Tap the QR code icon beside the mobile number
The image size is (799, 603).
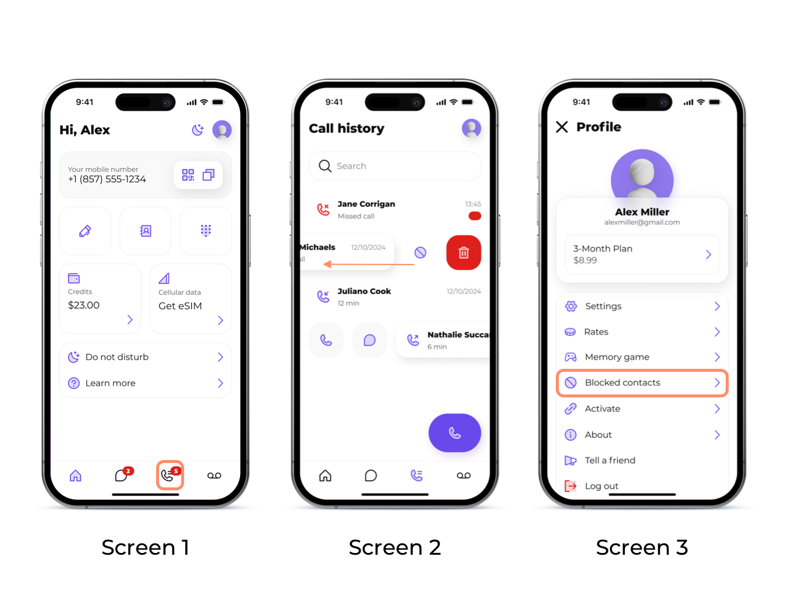[188, 175]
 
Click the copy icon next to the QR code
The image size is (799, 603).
[209, 175]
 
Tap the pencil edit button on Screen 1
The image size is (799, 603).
[85, 231]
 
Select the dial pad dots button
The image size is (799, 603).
[206, 231]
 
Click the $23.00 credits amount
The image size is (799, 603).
[84, 305]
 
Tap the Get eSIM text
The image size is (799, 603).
[180, 306]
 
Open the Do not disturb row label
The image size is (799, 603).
[117, 357]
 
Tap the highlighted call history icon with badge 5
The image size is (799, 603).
[170, 475]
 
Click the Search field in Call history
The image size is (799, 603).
[394, 166]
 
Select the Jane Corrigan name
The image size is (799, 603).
[366, 204]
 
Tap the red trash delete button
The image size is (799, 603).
[464, 252]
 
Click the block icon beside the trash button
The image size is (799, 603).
[420, 253]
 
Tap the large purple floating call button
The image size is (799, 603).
[455, 433]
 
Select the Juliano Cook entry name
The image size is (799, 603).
[364, 291]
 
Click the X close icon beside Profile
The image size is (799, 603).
[562, 127]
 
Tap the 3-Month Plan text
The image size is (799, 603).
[602, 248]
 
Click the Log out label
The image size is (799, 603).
[601, 486]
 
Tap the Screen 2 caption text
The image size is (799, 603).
[394, 547]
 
